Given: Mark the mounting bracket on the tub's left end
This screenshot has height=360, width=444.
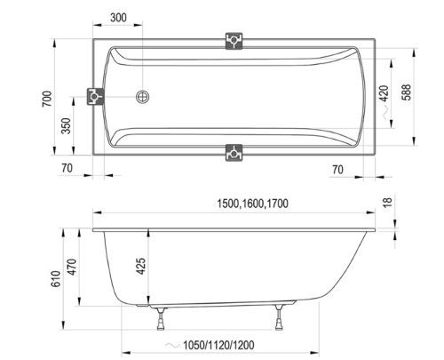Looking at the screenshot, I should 92,98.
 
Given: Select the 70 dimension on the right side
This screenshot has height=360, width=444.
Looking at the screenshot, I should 337,166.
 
